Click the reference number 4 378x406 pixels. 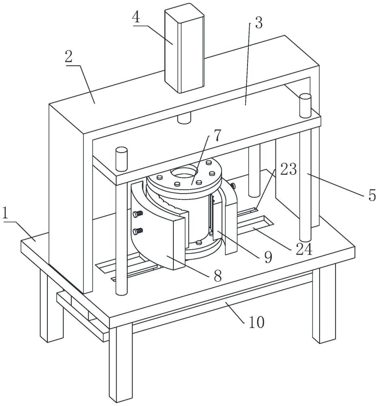pos(136,17)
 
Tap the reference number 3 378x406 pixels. pos(258,23)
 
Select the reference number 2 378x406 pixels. pos(68,56)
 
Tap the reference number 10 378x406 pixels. pos(257,322)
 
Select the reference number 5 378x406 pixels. pos(372,195)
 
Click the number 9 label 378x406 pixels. pos(268,257)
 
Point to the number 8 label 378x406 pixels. pos(218,276)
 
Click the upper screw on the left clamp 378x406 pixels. pos(138,214)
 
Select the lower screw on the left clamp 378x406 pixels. pos(138,231)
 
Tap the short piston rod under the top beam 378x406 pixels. pos(184,117)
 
